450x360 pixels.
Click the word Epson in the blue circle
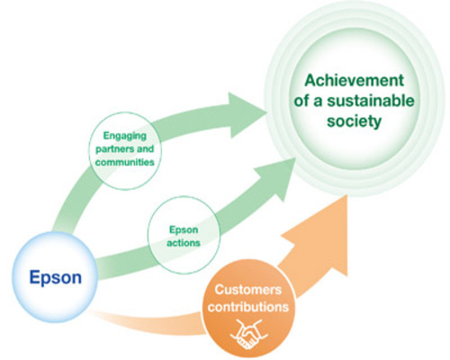click(56, 277)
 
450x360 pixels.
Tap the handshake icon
click(248, 334)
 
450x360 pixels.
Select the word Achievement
click(355, 80)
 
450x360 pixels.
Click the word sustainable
click(371, 101)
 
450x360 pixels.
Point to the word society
click(354, 121)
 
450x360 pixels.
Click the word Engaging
click(125, 136)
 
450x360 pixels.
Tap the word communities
click(125, 162)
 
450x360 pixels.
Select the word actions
click(184, 242)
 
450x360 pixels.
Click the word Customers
click(248, 290)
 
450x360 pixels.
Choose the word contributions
click(248, 307)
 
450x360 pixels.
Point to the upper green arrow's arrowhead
click(247, 115)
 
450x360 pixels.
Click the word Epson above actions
click(184, 229)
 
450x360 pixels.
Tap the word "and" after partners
click(145, 148)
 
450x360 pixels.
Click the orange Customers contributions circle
click(248, 309)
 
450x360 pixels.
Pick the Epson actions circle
click(184, 235)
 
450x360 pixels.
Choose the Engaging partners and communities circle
click(125, 151)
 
